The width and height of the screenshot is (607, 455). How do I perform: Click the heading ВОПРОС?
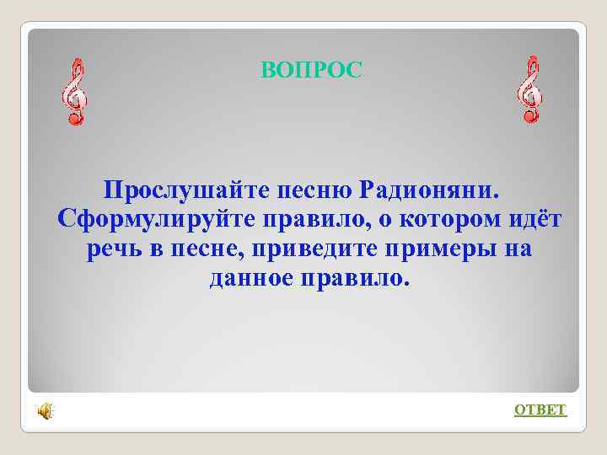(x=311, y=71)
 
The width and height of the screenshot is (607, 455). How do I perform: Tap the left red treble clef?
(x=75, y=92)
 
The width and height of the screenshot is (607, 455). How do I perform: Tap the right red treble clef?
(x=529, y=90)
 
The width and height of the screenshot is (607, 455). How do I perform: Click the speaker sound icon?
(x=45, y=410)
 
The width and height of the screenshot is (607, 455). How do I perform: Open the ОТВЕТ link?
(x=540, y=410)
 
